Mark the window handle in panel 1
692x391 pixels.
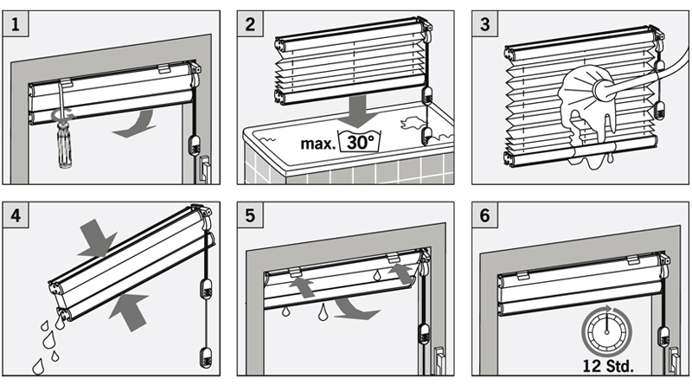pyautogui.click(x=204, y=170)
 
